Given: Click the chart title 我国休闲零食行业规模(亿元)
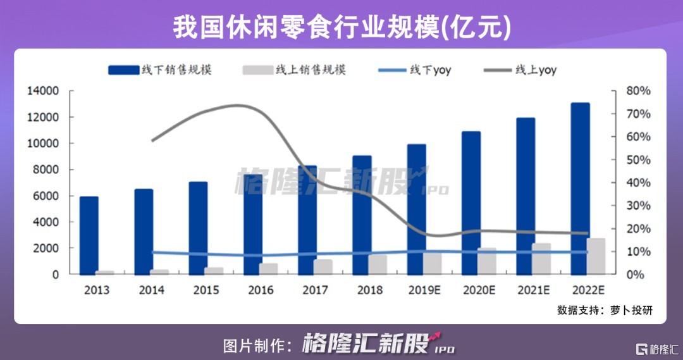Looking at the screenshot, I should [x=341, y=27].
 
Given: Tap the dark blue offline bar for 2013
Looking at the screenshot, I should [x=89, y=235].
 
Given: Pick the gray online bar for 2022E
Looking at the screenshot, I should [x=596, y=256].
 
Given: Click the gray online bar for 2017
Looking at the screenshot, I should [x=323, y=266].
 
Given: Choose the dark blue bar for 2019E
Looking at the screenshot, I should [x=417, y=209].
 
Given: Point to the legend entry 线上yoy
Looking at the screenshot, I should [x=520, y=70].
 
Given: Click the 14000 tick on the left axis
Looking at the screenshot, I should [x=43, y=91].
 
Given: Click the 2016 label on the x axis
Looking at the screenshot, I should [x=261, y=290].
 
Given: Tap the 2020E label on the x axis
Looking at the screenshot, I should [x=479, y=290].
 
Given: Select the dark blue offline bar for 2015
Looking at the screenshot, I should [x=198, y=228].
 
